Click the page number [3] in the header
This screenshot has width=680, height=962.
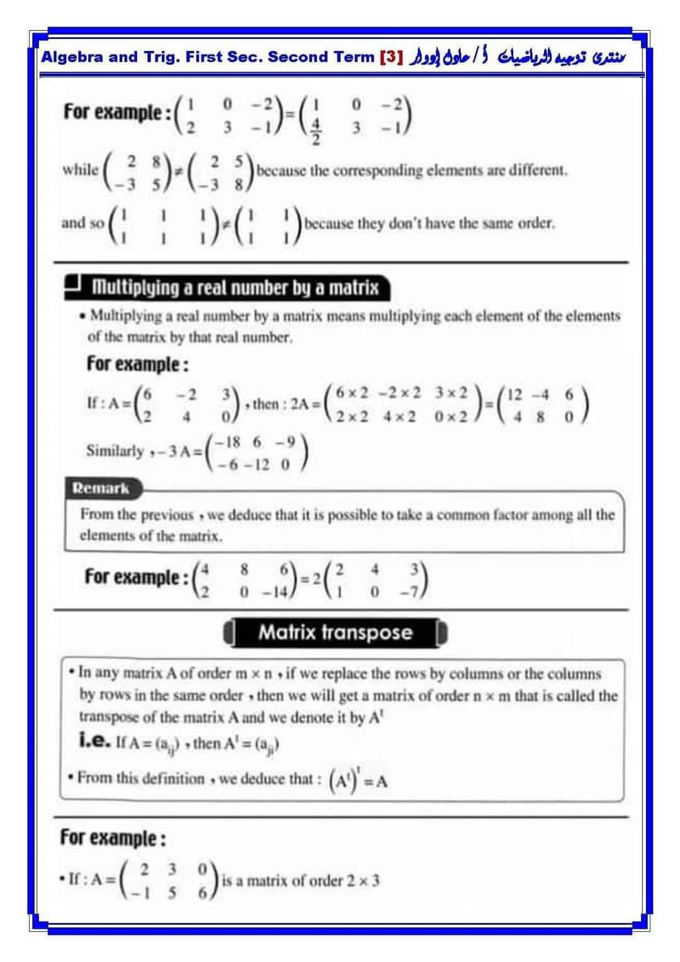(x=390, y=57)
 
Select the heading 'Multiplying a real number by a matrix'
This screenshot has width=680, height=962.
(x=235, y=288)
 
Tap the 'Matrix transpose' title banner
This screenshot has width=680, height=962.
(x=335, y=633)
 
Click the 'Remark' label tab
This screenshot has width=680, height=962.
(x=100, y=488)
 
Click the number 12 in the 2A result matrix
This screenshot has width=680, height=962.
(x=514, y=395)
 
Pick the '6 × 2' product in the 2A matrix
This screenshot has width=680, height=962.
(x=353, y=393)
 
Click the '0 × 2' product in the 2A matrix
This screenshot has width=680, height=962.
(x=451, y=417)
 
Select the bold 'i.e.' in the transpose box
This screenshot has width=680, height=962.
(x=96, y=743)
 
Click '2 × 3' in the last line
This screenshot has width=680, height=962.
(x=363, y=881)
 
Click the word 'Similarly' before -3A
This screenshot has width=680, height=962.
(x=115, y=451)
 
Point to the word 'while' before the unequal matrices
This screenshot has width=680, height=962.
(x=80, y=169)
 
